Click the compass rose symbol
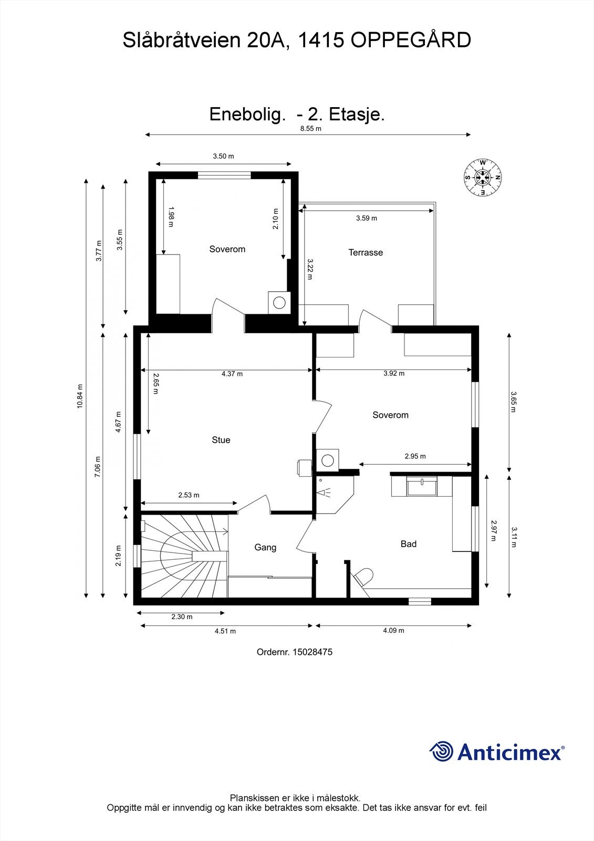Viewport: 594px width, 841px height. [482, 178]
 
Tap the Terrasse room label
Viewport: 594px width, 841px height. [366, 252]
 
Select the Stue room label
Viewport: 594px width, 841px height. [221, 440]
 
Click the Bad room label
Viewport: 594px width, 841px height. [408, 544]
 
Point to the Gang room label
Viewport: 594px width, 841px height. [265, 547]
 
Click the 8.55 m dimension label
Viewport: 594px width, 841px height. [310, 128]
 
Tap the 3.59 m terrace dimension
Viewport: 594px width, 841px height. [366, 218]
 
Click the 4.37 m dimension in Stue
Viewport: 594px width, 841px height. [232, 374]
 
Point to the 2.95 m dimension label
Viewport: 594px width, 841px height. [415, 456]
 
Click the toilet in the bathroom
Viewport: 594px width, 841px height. [364, 577]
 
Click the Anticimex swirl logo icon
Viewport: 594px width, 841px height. [441, 752]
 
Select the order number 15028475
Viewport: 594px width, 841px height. [312, 652]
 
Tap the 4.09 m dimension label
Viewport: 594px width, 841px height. [393, 630]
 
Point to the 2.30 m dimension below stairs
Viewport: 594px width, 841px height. [182, 617]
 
